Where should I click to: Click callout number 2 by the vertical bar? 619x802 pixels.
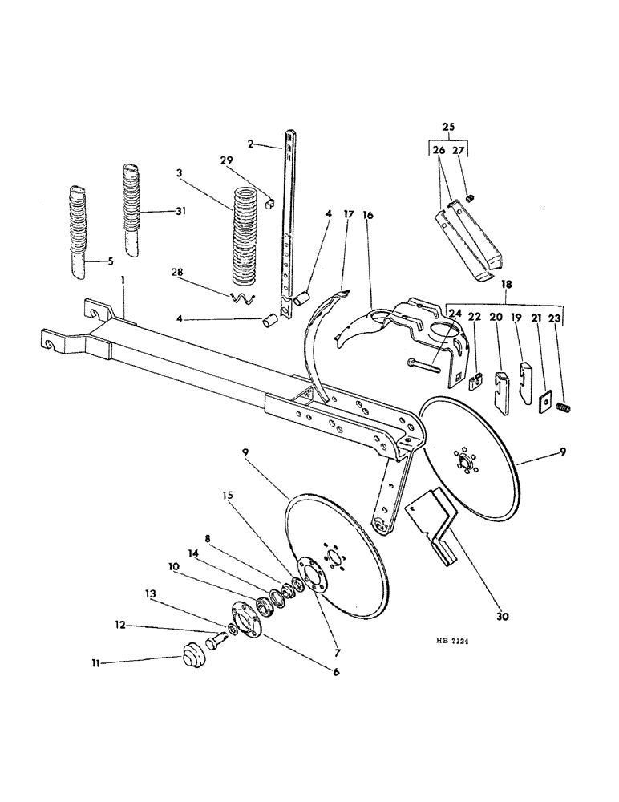coord(251,144)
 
